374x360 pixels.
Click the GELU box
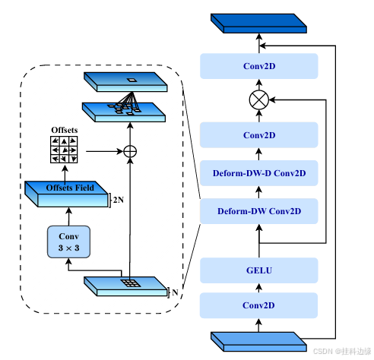point(259,270)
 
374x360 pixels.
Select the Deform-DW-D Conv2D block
point(259,173)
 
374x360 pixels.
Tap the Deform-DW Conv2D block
point(259,211)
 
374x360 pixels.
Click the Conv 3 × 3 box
point(68,242)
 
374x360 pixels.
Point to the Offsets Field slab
point(66,194)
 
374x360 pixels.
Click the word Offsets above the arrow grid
point(65,130)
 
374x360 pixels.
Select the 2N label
point(119,200)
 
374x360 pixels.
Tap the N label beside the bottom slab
point(175,292)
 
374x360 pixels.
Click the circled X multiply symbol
point(259,99)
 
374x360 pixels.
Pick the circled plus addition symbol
point(130,152)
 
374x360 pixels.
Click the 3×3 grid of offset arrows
point(64,150)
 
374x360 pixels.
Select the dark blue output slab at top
point(258,24)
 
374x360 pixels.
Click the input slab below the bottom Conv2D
point(258,342)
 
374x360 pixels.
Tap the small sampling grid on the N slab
point(131,283)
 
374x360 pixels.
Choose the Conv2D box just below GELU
point(258,305)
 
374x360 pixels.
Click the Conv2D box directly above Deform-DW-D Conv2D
point(259,135)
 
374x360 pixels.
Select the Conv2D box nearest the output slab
point(259,66)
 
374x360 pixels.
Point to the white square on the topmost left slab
point(132,80)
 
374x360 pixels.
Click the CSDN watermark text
point(342,352)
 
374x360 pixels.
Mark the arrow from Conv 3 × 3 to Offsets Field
point(68,216)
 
